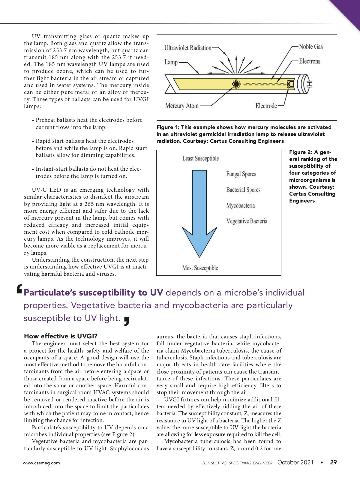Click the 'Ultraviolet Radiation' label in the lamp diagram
188,48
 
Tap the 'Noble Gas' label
311,47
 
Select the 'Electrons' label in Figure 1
310,61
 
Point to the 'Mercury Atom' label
182,106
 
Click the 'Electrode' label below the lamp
266,106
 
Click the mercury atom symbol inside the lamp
236,84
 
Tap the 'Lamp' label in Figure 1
171,62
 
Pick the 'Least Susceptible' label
201,158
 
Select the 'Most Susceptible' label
200,268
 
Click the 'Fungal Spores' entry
241,174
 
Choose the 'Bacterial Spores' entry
243,190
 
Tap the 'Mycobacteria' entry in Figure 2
241,205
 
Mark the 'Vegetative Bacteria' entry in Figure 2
247,221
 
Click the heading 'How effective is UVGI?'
61,336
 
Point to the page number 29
333,462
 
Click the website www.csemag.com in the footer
41,463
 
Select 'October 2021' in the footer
295,462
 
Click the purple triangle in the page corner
349,10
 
